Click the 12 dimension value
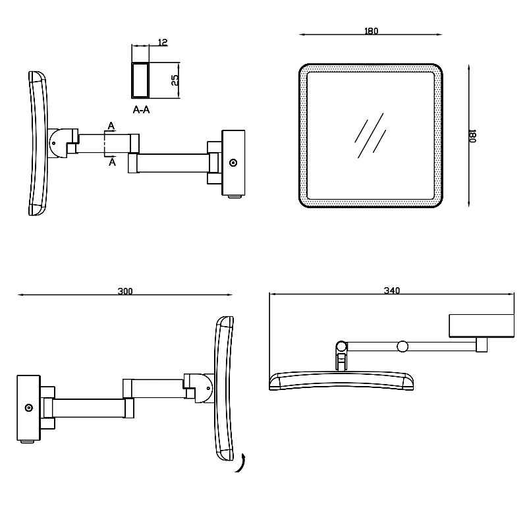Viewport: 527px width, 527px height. click(x=163, y=42)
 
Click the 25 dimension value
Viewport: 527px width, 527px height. click(x=174, y=80)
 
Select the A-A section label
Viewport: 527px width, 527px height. click(x=141, y=110)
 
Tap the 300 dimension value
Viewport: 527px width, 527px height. click(x=125, y=291)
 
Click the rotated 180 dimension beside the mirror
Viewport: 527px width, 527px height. click(x=472, y=136)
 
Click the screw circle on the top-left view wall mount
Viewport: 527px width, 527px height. click(x=233, y=162)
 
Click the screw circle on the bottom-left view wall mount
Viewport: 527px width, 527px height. click(x=29, y=408)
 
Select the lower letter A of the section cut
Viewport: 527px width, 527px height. click(x=111, y=162)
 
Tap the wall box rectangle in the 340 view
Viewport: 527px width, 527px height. click(x=481, y=325)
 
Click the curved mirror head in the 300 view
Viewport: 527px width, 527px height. click(x=223, y=388)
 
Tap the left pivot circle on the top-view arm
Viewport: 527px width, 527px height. click(x=341, y=346)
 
